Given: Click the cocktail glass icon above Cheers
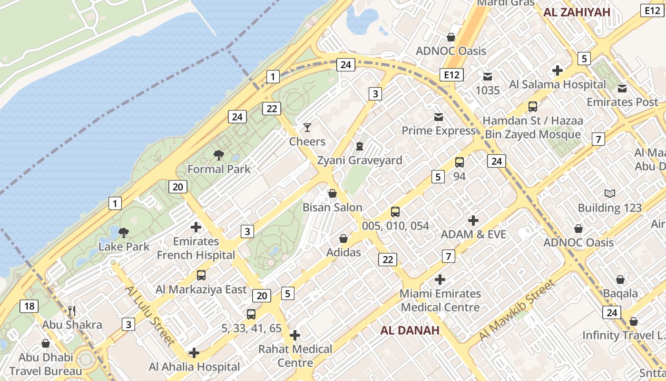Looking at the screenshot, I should click(x=307, y=128).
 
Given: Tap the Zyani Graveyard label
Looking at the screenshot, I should click(x=360, y=160).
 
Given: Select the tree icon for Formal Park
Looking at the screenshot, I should click(x=219, y=155).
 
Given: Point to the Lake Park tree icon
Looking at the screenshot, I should click(x=124, y=233).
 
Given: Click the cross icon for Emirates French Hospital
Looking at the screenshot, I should click(x=196, y=227).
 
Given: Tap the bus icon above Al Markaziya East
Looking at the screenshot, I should click(x=201, y=275).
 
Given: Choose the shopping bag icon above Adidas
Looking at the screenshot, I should click(x=343, y=239).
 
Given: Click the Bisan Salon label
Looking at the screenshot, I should click(x=333, y=208).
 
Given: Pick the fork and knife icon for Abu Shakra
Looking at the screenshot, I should click(x=72, y=311).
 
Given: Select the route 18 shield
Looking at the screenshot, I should click(x=29, y=306).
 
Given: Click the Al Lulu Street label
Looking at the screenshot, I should click(x=149, y=315).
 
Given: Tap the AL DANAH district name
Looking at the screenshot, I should click(x=410, y=330).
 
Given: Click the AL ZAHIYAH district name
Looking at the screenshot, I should click(x=577, y=12).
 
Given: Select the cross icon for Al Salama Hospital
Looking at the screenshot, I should click(x=558, y=71).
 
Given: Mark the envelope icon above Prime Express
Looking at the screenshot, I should click(x=438, y=117).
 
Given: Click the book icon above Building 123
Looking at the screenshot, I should click(x=610, y=193).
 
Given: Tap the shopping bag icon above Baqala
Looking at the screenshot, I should click(x=620, y=280).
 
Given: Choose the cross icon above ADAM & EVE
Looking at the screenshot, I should click(x=473, y=221).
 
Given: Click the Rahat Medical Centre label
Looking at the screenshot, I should click(x=295, y=356).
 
